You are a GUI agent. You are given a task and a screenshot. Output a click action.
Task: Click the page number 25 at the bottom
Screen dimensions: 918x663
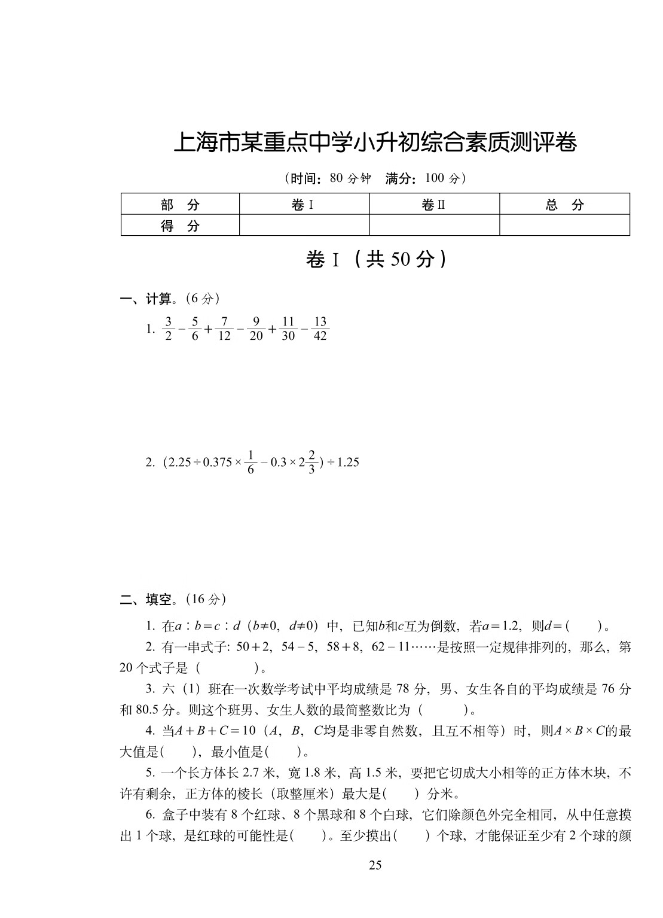(x=375, y=864)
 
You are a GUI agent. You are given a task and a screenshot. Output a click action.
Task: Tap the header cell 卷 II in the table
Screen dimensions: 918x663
(x=434, y=205)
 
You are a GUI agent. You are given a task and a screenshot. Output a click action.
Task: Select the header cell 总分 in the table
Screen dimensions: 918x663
(x=564, y=205)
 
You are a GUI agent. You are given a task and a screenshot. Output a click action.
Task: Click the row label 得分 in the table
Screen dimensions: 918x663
(x=180, y=226)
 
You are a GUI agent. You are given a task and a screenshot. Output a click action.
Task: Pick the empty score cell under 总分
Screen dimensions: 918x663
(x=564, y=225)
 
